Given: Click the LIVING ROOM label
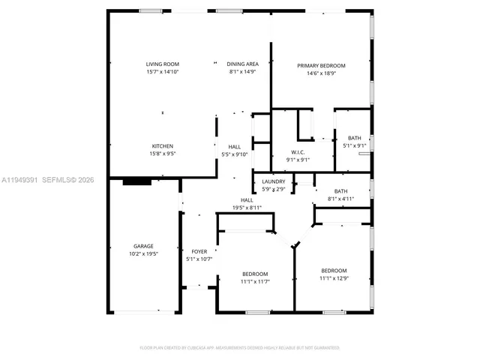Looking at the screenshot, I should click(x=163, y=64).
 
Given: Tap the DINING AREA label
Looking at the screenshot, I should click(x=242, y=64).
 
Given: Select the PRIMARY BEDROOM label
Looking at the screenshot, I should click(x=321, y=66).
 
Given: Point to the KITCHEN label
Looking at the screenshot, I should click(x=163, y=146).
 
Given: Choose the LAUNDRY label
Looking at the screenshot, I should click(x=273, y=181).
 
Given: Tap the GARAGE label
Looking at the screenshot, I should click(x=143, y=246).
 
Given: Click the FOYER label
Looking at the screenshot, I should click(x=199, y=252).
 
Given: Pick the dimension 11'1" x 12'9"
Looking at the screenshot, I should click(x=334, y=278).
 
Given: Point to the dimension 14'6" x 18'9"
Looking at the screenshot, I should click(x=321, y=73).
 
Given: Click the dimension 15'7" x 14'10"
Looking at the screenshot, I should click(x=163, y=72).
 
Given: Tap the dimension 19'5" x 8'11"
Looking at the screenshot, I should click(x=246, y=208).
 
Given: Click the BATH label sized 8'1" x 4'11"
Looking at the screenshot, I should click(x=340, y=192).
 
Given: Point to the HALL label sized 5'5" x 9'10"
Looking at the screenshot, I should click(x=234, y=147).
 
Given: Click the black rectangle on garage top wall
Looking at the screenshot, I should click(x=136, y=181).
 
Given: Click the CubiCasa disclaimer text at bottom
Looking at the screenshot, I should click(x=240, y=348).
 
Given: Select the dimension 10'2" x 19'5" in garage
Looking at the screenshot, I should click(x=143, y=253).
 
